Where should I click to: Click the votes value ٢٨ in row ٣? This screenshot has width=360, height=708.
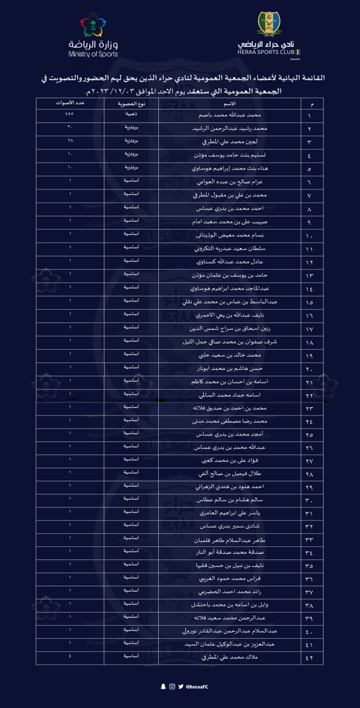[x=70, y=140]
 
